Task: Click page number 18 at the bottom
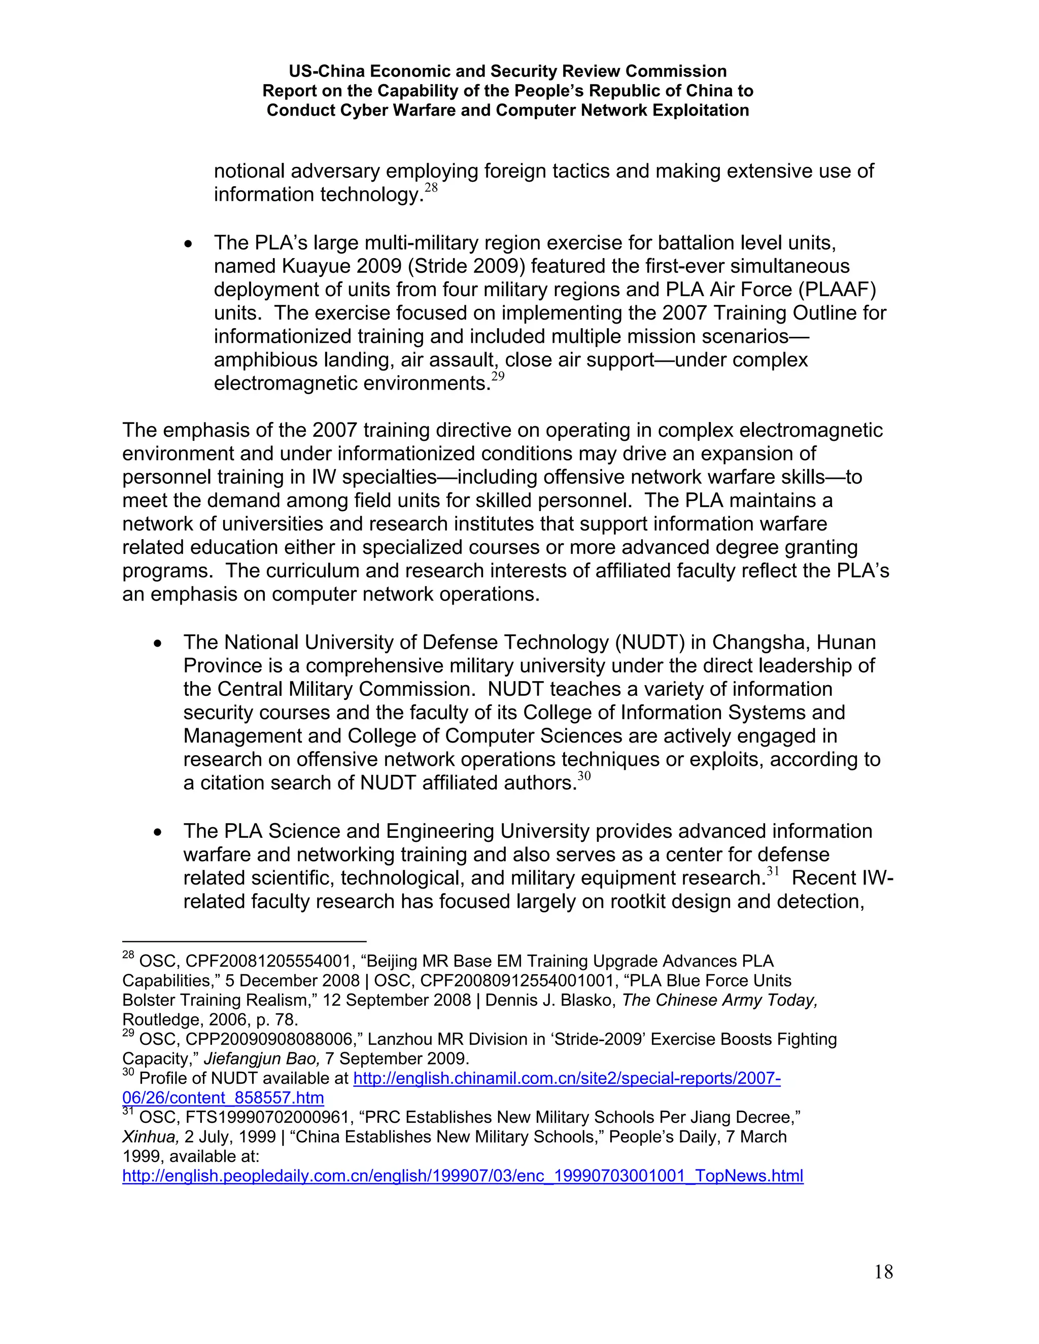coord(883,1271)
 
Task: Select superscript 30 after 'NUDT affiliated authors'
coord(583,776)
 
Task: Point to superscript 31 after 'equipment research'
coord(773,871)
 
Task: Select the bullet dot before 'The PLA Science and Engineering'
coord(158,832)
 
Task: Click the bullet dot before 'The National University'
coord(158,643)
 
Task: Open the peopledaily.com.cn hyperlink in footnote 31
coord(462,1176)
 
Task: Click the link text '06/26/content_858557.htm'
coord(223,1098)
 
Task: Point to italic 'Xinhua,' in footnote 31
coord(150,1137)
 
